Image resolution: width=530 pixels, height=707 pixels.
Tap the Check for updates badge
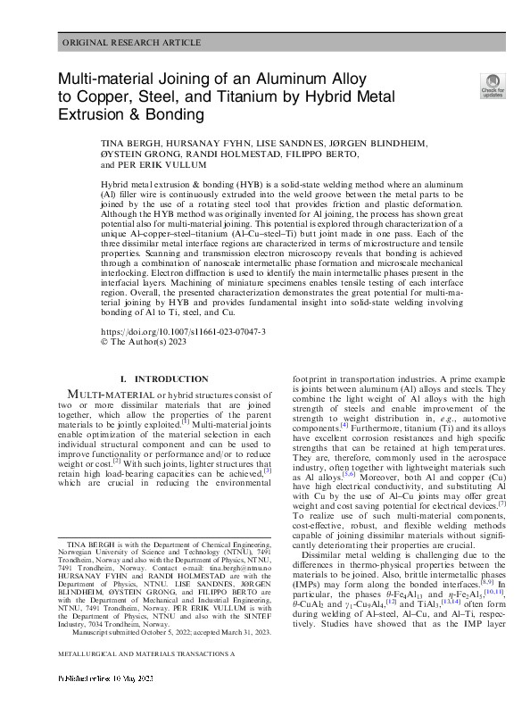pyautogui.click(x=492, y=85)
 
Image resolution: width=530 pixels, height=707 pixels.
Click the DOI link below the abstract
pyautogui.click(x=170, y=330)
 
